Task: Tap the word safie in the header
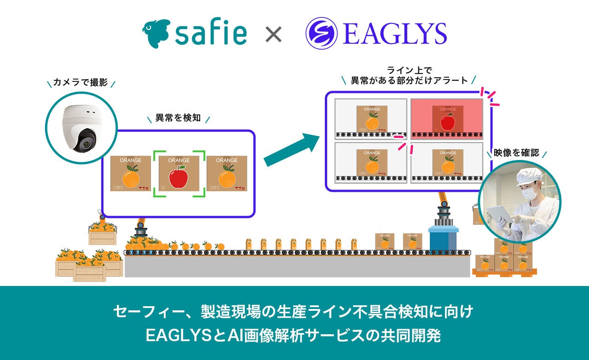(211, 33)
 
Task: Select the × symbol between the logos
(274, 34)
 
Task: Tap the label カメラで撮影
(81, 83)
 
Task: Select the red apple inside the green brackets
(179, 177)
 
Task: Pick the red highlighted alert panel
(446, 119)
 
